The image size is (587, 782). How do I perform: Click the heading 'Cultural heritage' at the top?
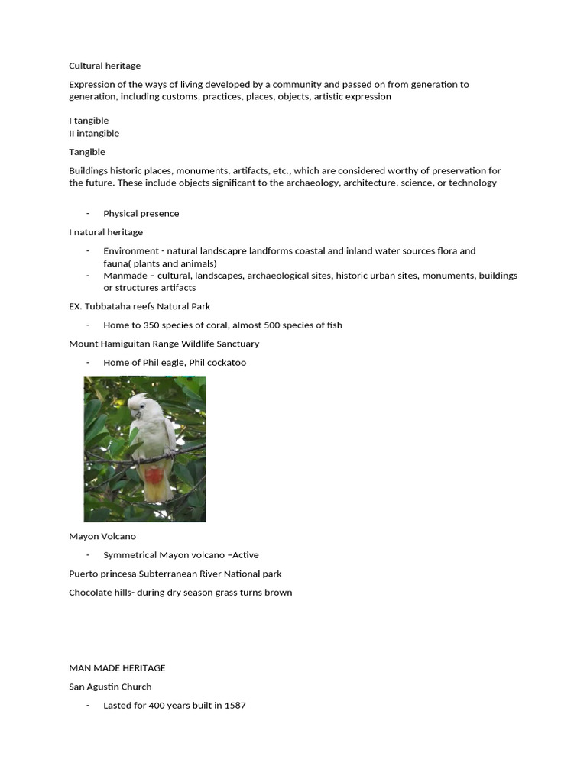click(105, 66)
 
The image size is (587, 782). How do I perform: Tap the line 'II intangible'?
click(94, 133)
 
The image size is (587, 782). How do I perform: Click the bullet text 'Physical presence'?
click(141, 213)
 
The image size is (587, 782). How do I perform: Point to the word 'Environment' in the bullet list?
click(131, 250)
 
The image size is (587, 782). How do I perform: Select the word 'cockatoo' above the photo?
click(226, 362)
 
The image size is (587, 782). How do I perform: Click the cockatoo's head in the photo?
click(138, 405)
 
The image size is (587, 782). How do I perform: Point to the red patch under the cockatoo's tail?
click(154, 477)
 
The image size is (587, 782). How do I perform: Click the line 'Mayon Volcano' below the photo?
click(102, 536)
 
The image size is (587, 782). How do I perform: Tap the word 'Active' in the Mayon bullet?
click(245, 555)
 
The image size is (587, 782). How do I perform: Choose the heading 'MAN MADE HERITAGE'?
click(117, 667)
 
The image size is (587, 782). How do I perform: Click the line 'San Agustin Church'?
click(110, 687)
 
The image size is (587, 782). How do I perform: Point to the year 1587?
click(235, 705)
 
